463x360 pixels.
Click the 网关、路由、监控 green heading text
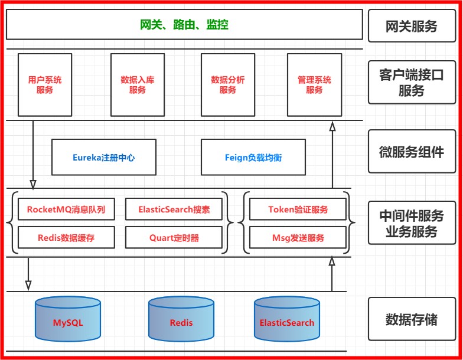click(184, 25)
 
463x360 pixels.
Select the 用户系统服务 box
click(45, 84)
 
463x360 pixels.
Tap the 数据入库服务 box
click(138, 84)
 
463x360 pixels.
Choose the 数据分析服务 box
click(228, 84)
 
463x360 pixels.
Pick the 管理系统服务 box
click(314, 84)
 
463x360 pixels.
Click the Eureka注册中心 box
click(104, 158)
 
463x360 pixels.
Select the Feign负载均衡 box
click(253, 158)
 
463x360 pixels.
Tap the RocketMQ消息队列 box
click(66, 210)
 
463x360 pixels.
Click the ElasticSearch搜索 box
click(174, 210)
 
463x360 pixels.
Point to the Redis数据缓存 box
click(66, 238)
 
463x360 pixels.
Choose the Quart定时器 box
click(174, 238)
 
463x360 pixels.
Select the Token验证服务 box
click(298, 210)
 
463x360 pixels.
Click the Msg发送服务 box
click(298, 238)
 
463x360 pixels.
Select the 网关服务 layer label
click(412, 26)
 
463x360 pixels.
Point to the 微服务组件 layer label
click(412, 152)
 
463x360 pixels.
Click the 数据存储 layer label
click(412, 319)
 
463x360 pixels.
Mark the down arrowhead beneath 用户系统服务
click(33, 184)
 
